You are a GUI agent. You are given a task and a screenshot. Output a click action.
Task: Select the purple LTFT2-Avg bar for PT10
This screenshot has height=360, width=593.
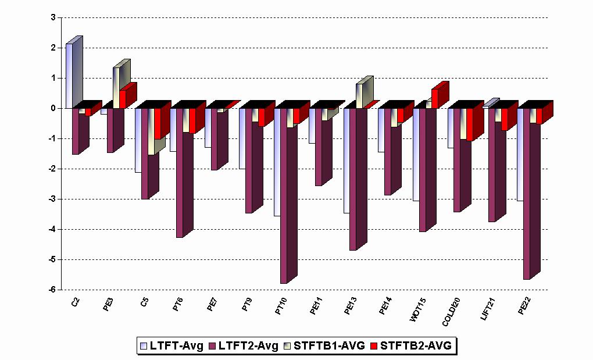(x=284, y=198)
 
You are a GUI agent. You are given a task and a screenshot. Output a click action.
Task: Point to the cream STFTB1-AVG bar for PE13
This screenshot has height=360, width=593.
(x=360, y=95)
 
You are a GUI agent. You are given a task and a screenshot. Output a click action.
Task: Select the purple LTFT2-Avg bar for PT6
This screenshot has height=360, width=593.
(x=180, y=174)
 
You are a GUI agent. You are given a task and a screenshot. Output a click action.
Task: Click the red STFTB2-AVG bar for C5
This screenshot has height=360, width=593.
(x=158, y=123)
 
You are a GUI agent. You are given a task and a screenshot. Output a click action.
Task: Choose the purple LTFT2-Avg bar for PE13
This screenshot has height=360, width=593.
(x=353, y=180)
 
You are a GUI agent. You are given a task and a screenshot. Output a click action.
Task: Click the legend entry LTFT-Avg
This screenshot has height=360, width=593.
(x=172, y=345)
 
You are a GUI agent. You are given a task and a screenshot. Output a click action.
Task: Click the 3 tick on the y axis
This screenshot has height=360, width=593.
(x=53, y=17)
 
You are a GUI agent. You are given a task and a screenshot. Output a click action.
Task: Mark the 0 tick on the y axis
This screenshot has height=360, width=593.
(x=53, y=108)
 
